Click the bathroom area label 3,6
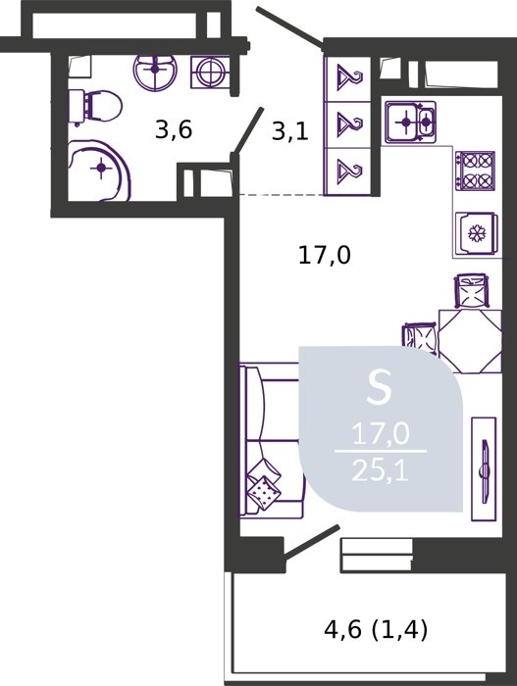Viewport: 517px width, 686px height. (174, 130)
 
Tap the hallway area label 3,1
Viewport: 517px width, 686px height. (290, 130)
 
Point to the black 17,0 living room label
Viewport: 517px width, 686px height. (324, 255)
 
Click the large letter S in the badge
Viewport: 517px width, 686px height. (380, 387)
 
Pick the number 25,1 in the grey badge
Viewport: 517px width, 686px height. (381, 472)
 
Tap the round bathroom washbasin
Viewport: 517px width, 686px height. (155, 73)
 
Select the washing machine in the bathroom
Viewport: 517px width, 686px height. (211, 72)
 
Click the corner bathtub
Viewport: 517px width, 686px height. (99, 171)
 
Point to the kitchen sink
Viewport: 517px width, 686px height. (410, 122)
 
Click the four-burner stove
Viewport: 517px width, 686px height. (476, 171)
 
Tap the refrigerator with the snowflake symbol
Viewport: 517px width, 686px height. (476, 234)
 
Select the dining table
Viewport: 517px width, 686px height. (470, 341)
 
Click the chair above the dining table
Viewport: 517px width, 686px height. (472, 291)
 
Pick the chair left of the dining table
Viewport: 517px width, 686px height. (420, 339)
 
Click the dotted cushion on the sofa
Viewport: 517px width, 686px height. (264, 493)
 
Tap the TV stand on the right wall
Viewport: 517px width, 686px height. (484, 469)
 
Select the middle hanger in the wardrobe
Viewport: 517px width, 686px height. (349, 123)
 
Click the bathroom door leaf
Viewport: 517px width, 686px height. (247, 130)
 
